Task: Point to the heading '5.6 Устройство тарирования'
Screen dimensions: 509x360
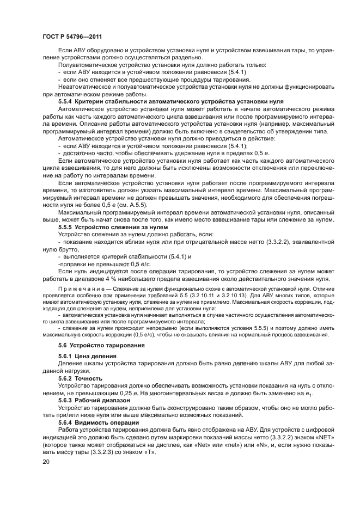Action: [101, 345]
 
